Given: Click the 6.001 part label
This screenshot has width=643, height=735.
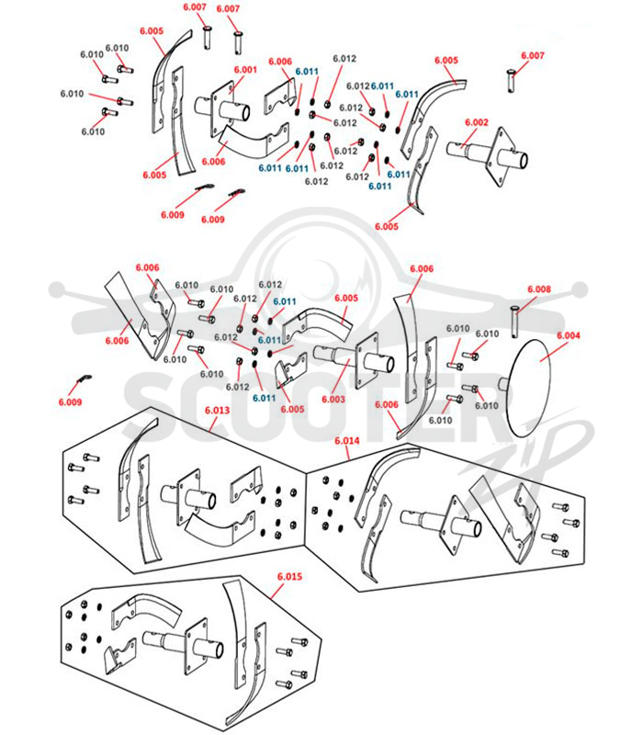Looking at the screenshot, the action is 245,70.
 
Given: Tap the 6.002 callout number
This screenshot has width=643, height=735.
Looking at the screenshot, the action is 477,122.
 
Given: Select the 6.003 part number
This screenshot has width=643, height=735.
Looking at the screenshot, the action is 333,400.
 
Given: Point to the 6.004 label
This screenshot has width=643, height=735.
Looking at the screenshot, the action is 569,335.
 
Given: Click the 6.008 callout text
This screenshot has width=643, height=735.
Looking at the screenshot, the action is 539,289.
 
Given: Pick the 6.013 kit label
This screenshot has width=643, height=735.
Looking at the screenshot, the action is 218,411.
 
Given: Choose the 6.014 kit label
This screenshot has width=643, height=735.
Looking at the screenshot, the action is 347,441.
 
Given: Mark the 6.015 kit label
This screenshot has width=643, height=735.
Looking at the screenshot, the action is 289,577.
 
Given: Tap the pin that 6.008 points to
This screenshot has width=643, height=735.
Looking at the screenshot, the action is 515,321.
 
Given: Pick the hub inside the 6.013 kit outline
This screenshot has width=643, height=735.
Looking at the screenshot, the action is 190,497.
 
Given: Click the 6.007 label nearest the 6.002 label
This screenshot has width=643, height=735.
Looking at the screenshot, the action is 533,56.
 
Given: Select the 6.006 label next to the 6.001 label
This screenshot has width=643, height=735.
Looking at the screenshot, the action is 280,62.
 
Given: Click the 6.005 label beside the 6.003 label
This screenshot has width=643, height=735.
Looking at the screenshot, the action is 346,298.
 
